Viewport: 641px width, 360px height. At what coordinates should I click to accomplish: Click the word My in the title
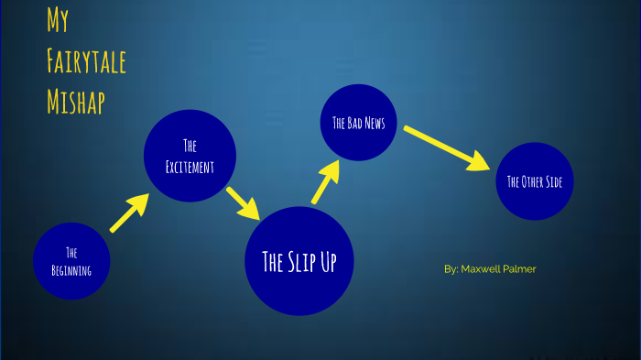(58, 22)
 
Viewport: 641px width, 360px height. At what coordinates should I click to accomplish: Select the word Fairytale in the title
(86, 62)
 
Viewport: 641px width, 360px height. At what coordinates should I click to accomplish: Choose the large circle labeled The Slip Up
(299, 261)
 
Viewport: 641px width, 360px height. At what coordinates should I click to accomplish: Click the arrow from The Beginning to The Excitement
(129, 213)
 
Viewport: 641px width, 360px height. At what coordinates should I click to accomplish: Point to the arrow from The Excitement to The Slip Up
(244, 202)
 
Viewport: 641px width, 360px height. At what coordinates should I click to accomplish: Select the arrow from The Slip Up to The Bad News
(325, 182)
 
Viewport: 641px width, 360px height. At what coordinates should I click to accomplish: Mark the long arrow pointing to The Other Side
(447, 147)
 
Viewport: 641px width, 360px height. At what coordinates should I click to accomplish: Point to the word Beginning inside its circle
(71, 268)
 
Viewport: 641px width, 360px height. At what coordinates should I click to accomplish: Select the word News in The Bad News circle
(374, 123)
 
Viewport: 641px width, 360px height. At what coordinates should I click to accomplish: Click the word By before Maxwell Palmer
(451, 269)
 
